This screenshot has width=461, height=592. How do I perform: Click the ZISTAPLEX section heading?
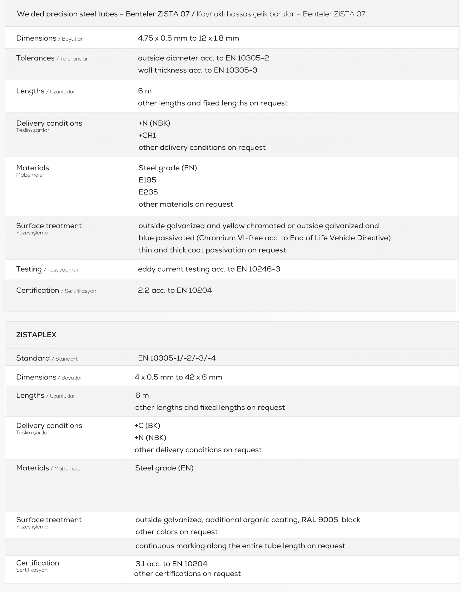coord(36,335)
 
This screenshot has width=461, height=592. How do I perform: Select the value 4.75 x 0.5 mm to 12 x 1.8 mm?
coord(188,38)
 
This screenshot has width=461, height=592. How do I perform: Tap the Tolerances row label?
coord(35,58)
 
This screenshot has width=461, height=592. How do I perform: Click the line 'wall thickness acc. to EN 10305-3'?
coord(197,70)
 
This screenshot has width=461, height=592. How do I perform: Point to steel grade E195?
coord(147,180)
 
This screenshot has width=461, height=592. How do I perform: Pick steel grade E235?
coord(148,192)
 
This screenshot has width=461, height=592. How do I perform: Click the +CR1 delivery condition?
coord(147,135)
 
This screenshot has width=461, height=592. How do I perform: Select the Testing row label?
coord(29,269)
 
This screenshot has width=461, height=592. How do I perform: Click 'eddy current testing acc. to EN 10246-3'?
coord(209,269)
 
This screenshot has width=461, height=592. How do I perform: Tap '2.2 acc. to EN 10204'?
coord(175,290)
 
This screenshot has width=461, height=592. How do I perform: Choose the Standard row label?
coord(33,358)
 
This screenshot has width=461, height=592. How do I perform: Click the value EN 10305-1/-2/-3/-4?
coord(177,358)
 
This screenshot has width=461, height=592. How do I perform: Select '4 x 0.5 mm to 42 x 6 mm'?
coord(178,377)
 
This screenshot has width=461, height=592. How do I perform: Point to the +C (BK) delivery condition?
coord(147,426)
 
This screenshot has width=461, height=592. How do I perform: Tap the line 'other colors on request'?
coord(176,532)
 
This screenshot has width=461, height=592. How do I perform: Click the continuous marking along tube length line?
coord(240,546)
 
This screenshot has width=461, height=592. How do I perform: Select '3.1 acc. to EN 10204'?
coord(171,564)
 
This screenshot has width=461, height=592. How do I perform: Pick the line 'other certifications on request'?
coord(187,574)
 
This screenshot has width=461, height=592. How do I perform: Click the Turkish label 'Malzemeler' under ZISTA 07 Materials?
coord(30,175)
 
